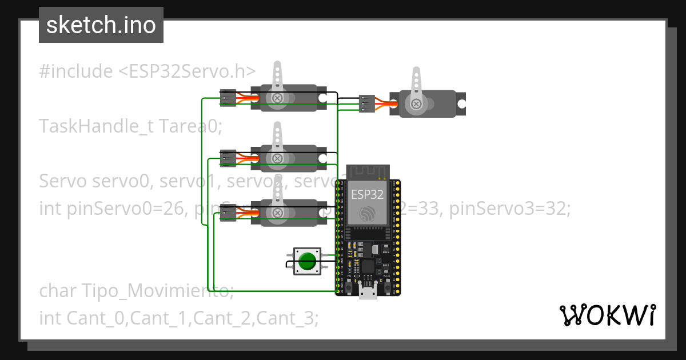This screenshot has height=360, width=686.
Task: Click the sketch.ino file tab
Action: [101, 25]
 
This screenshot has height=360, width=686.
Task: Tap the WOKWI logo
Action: [607, 315]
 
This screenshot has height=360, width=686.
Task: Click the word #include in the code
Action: [76, 71]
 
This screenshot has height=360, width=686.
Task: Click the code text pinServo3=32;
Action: [509, 209]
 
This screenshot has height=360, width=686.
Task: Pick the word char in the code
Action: [59, 291]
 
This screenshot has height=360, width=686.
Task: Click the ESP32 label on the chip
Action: [367, 194]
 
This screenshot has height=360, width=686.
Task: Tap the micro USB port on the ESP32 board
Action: [368, 292]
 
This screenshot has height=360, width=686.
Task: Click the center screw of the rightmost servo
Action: [416, 104]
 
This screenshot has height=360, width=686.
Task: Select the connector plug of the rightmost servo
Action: [366, 104]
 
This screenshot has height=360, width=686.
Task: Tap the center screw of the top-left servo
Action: [278, 98]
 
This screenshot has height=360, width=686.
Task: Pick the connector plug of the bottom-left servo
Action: [228, 213]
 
